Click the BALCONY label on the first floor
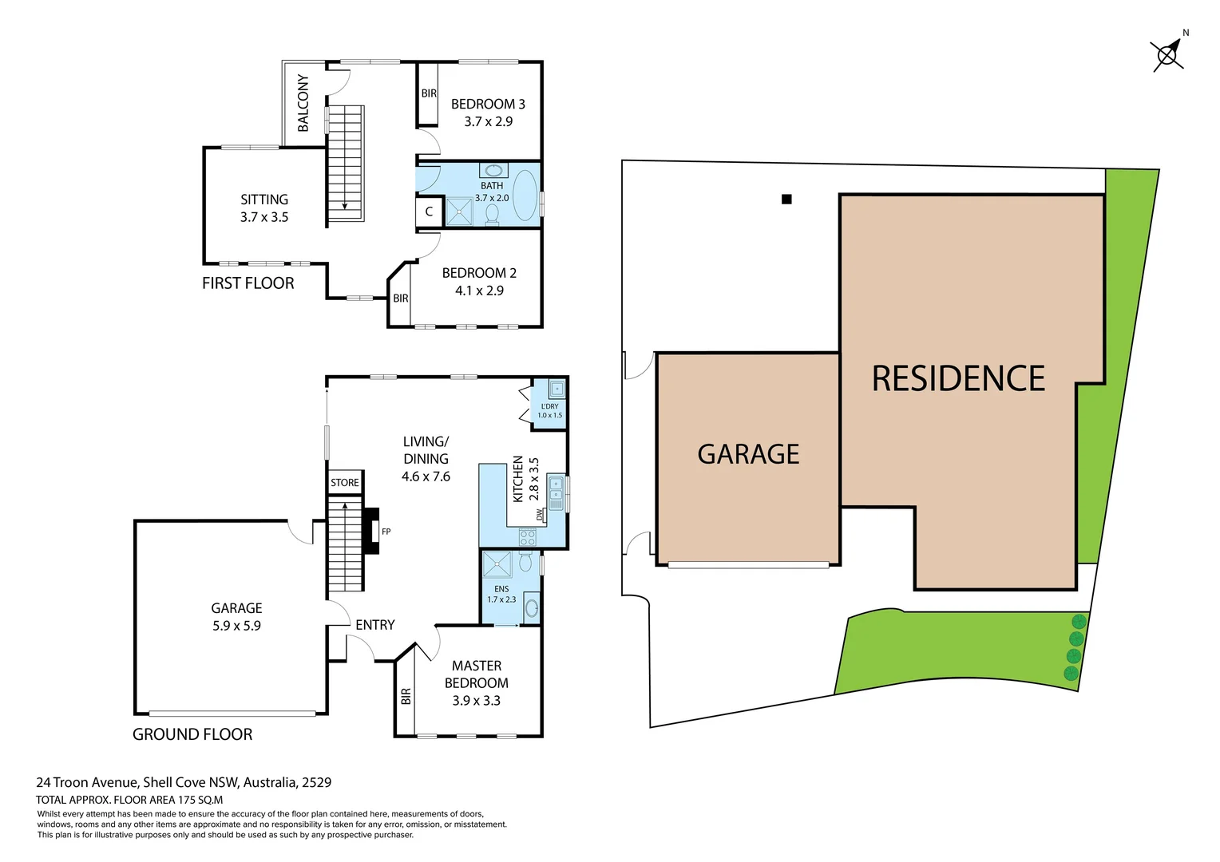303,103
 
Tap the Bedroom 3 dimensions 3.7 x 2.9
489,121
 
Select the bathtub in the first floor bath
525,195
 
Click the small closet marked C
429,212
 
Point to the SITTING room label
264,200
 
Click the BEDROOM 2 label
479,273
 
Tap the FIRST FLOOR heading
248,283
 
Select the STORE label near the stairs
345,483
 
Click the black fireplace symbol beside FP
370,531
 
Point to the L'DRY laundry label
549,406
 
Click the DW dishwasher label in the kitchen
541,515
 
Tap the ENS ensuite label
501,589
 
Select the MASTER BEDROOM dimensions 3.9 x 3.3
477,701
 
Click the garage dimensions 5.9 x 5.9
236,626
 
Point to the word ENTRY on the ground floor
375,625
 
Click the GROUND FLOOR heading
192,734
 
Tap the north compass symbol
1167,54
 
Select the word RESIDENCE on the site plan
958,379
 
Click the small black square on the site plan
786,200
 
